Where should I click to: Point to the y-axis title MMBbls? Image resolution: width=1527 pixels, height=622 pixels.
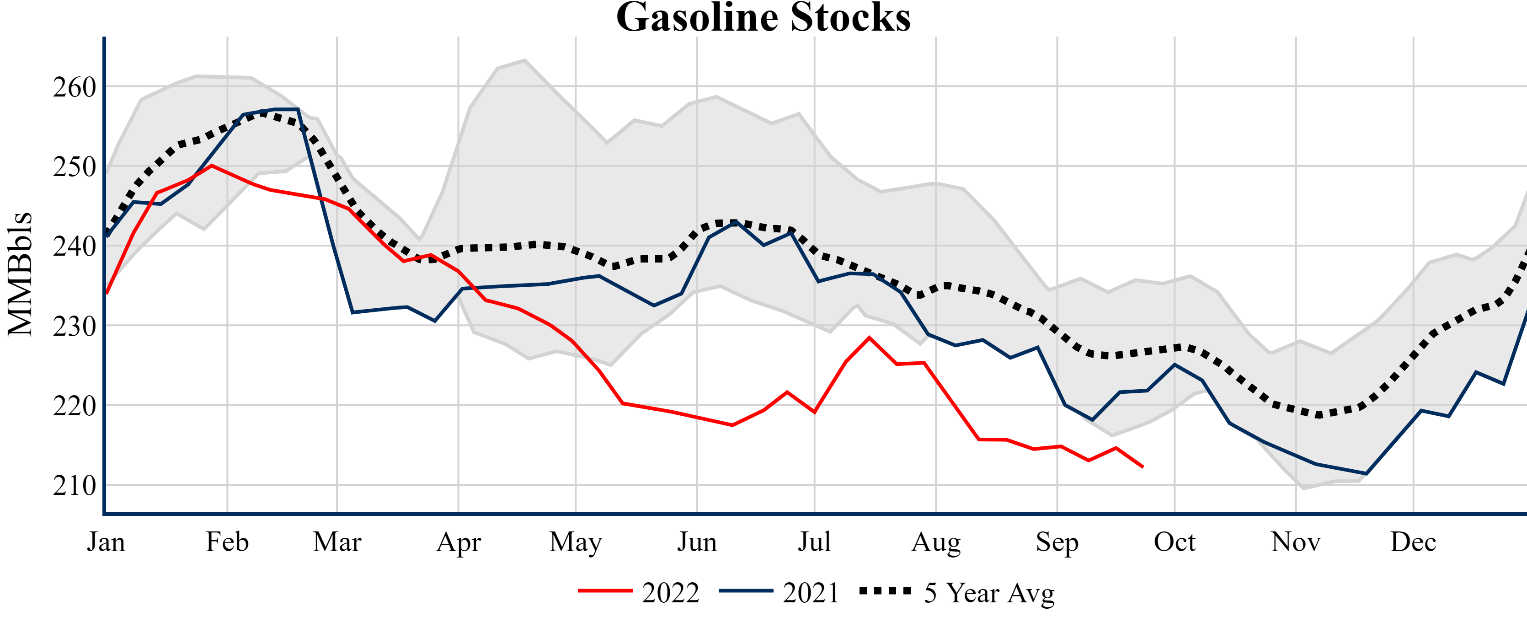20,274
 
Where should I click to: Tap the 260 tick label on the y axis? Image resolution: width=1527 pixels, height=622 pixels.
74,87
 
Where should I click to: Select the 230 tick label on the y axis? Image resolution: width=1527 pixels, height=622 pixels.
74,326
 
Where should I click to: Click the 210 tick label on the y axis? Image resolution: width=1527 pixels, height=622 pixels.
74,486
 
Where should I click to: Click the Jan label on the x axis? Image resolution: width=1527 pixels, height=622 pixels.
106,542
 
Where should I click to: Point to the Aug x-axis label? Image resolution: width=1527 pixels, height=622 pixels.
935,542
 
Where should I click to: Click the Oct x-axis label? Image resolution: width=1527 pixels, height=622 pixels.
1175,542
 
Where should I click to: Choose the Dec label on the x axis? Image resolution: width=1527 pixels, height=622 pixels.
1413,542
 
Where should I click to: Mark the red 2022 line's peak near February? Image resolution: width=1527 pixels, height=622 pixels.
212,166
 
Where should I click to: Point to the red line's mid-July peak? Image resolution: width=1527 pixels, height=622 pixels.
869,338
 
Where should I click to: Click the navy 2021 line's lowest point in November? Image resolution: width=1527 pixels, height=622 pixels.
1366,474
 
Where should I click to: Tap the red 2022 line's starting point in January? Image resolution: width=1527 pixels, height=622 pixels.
107,293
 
